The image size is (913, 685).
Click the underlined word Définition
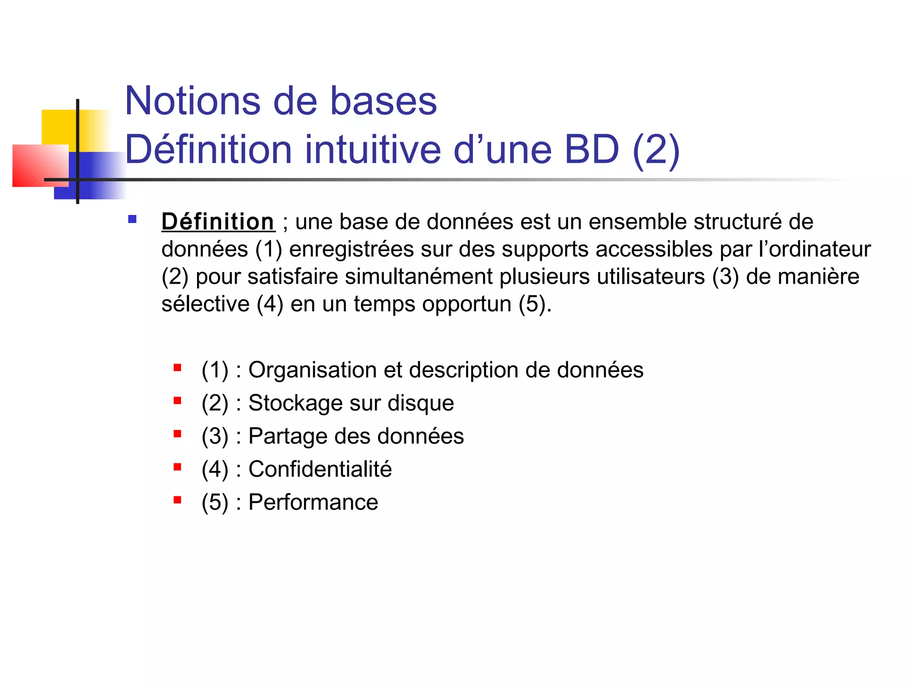click(218, 222)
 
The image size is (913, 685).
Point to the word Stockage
click(295, 403)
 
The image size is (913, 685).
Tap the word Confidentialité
click(320, 469)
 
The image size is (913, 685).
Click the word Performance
click(313, 502)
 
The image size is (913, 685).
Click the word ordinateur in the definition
click(819, 249)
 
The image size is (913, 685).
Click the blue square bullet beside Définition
click(132, 219)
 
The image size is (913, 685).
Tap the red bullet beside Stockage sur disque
click(177, 400)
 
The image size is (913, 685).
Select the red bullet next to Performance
click(177, 500)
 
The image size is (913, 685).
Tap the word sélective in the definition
click(205, 304)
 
